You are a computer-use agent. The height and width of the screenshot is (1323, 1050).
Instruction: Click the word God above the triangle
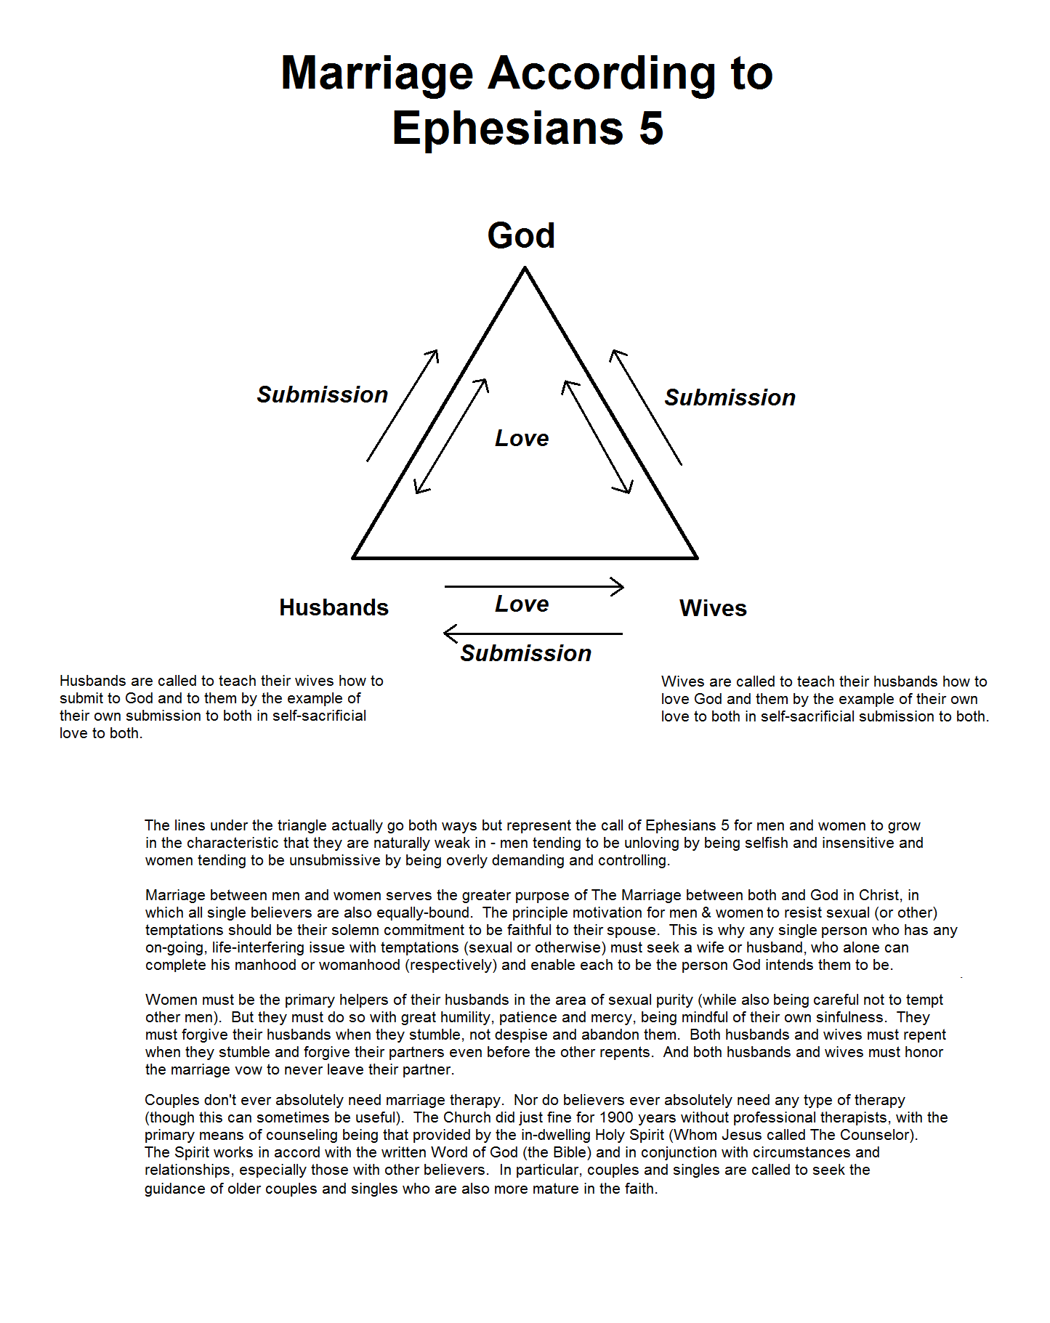coord(521,236)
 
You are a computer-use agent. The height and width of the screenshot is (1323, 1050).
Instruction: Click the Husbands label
coord(334,607)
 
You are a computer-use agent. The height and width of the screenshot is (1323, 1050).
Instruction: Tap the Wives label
coord(713,608)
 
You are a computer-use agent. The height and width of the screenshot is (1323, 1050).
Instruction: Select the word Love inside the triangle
coord(522,438)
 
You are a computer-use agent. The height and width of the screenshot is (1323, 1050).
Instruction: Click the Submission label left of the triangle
coord(322,395)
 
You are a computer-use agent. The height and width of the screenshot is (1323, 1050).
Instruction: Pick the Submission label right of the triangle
coord(730,397)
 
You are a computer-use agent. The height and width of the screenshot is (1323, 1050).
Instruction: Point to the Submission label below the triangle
coord(525,653)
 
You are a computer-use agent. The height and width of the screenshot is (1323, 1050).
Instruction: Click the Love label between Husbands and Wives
coord(522,604)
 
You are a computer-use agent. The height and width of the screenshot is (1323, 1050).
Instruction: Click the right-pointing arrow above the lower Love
coord(534,586)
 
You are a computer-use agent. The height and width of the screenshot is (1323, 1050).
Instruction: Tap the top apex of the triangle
coord(525,269)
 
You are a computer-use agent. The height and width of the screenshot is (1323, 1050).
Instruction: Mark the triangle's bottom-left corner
coord(353,557)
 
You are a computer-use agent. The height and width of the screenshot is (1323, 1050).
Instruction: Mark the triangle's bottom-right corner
coord(697,557)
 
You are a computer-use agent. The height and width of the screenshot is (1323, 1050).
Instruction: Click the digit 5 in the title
coord(651,129)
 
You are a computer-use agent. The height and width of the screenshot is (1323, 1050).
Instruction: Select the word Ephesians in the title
coord(507,129)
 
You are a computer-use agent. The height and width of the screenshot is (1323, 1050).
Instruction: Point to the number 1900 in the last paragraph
coord(618,1117)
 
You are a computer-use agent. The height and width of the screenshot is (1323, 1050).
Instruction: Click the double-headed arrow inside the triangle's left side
coord(451,436)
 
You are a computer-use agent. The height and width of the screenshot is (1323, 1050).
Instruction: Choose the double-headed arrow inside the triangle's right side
coord(597,437)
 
